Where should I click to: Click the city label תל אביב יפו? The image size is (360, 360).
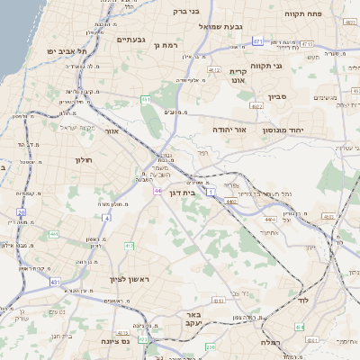pos(64,51)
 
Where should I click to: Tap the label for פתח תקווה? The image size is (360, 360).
pos(305,13)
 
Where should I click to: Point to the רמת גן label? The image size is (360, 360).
pos(168,43)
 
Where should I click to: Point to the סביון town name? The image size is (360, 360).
pos(276,96)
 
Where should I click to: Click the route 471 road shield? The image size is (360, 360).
pos(258,41)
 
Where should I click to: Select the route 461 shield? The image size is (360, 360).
pos(146,99)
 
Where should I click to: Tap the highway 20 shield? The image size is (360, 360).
pos(21,212)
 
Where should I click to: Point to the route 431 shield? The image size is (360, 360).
pos(55,282)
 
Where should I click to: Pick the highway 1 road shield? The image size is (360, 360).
pos(211,192)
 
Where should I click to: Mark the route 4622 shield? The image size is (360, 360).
pos(256,105)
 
